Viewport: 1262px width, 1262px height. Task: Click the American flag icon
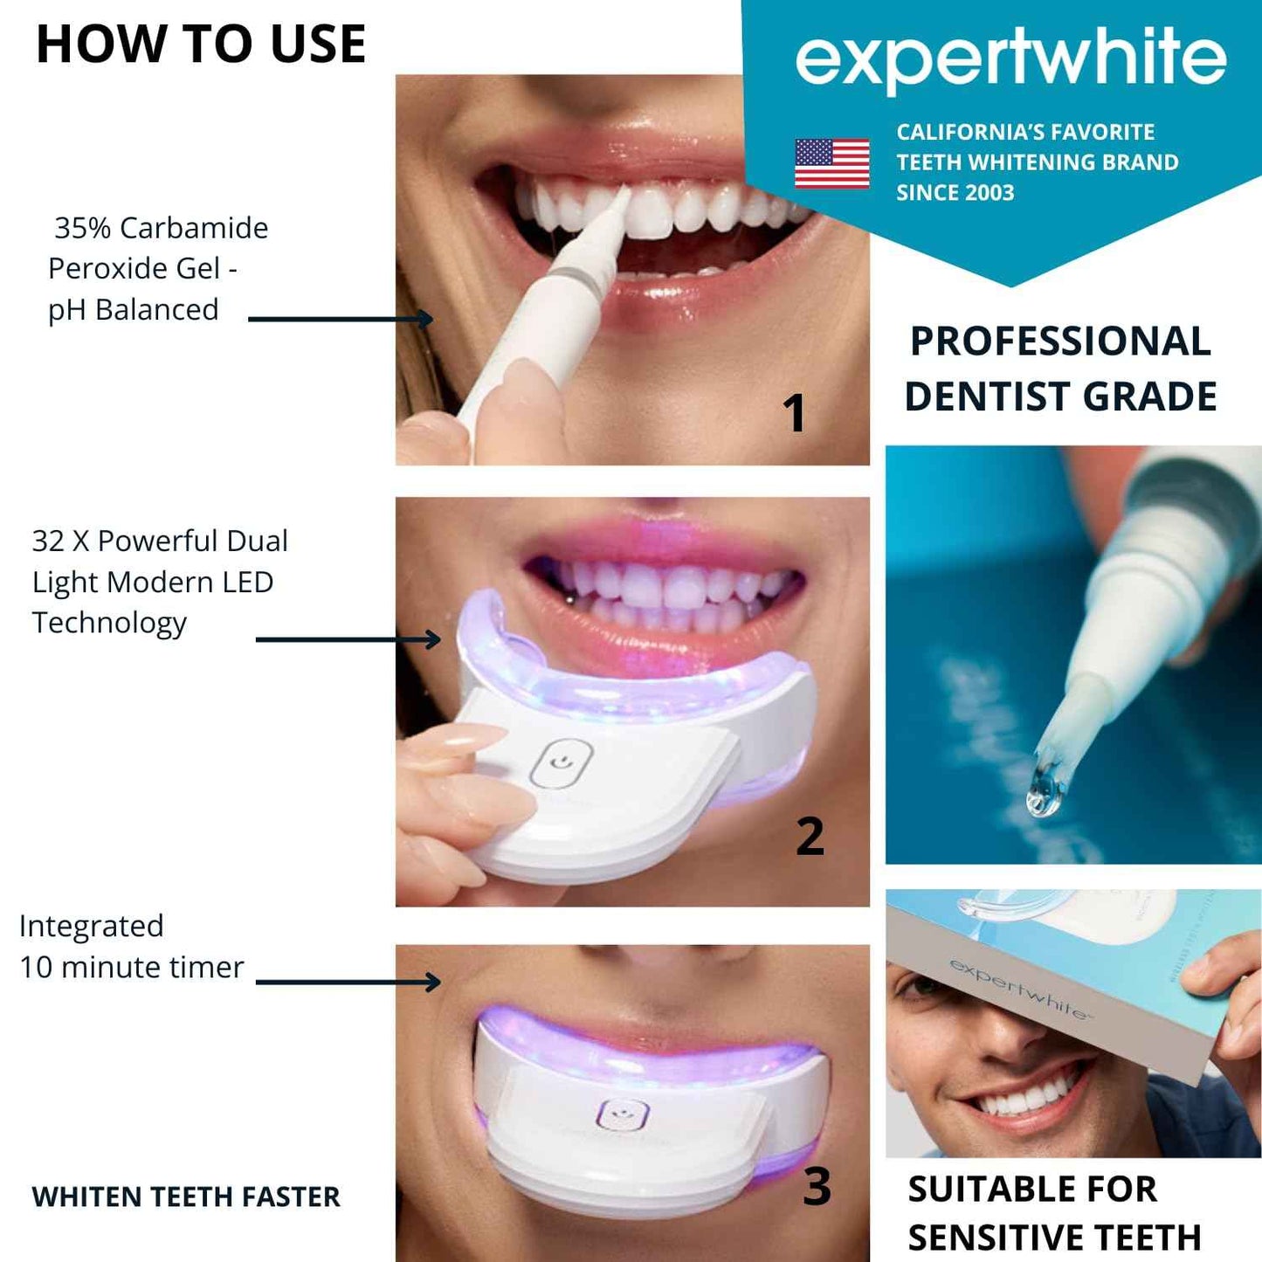point(831,163)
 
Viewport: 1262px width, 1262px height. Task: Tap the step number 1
point(793,413)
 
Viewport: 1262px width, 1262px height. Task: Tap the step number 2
point(810,836)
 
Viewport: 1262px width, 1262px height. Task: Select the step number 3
point(817,1186)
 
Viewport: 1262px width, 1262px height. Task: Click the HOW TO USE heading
point(201,45)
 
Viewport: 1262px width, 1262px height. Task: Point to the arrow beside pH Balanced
point(340,319)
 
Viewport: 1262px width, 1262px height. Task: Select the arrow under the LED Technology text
point(347,639)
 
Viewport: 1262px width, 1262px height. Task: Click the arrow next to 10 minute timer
point(347,982)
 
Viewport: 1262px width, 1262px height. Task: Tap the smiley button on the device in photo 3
point(622,1114)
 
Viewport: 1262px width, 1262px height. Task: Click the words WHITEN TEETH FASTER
point(186,1196)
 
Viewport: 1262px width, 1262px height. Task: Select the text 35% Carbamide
point(161,228)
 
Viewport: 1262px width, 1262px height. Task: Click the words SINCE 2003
point(955,193)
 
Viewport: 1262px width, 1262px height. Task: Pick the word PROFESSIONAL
point(1060,341)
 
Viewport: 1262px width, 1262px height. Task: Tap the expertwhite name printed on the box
point(1018,989)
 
